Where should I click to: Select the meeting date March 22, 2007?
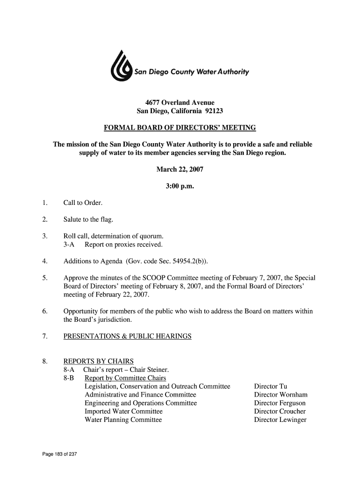click(180, 169)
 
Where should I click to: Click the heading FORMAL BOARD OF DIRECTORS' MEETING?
click(180, 128)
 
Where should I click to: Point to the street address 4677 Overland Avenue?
click(180, 102)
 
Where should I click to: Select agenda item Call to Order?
click(83, 203)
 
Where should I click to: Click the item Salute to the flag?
click(88, 220)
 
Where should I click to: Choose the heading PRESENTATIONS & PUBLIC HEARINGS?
click(127, 336)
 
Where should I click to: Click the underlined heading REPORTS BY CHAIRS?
click(99, 361)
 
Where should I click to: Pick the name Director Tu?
click(270, 386)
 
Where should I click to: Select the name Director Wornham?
click(280, 395)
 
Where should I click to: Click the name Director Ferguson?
click(280, 403)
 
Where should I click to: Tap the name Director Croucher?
click(280, 412)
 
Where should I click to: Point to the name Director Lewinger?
click(280, 420)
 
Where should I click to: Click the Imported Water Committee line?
click(123, 412)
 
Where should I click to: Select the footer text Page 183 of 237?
click(59, 455)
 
